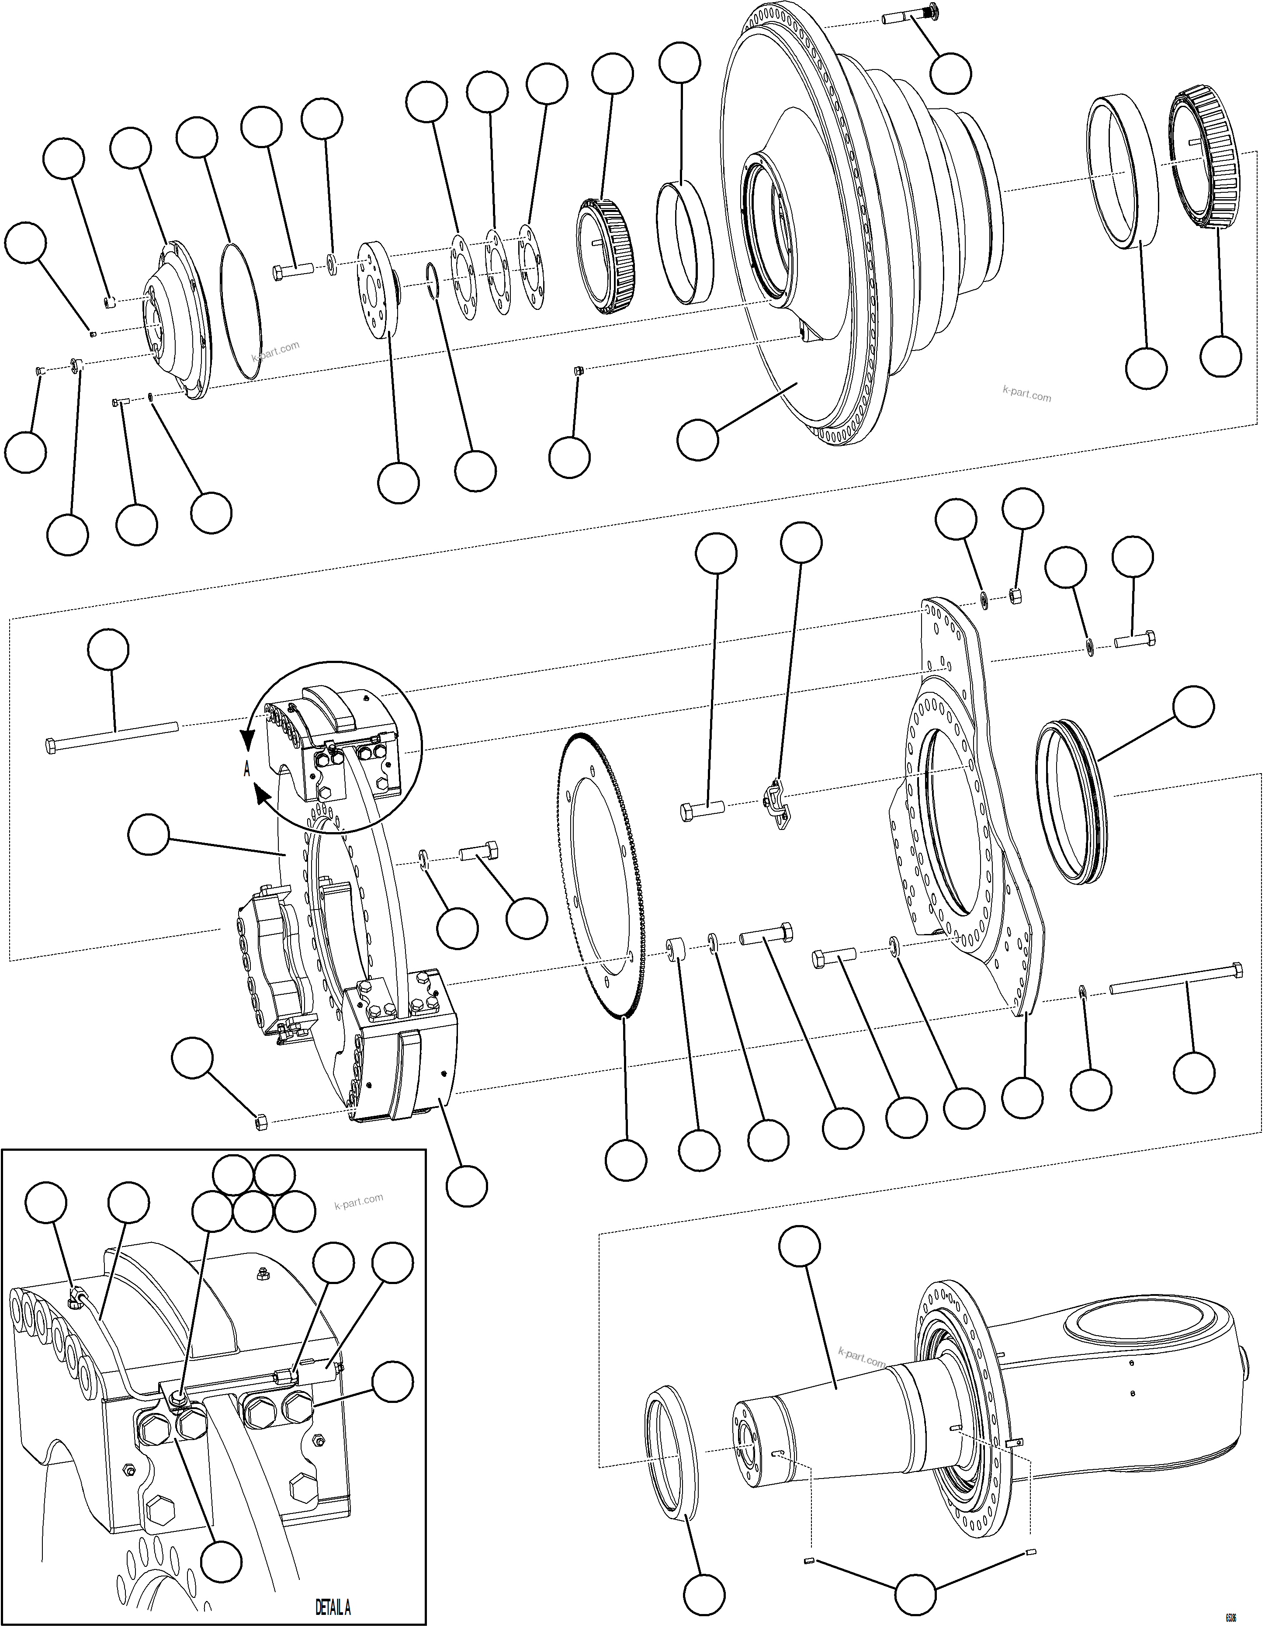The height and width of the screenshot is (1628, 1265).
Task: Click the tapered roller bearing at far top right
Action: point(1206,160)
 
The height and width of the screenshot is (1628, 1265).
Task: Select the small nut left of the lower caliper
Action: point(261,1120)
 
